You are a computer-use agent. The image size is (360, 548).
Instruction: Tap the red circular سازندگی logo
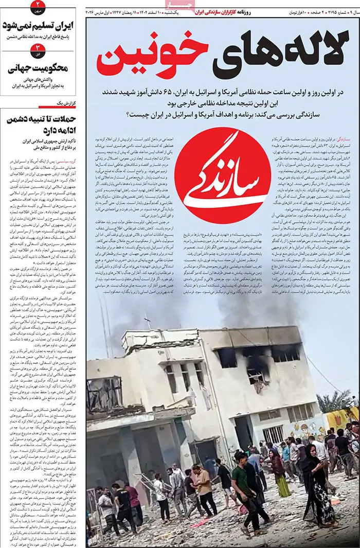[x=223, y=169]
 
